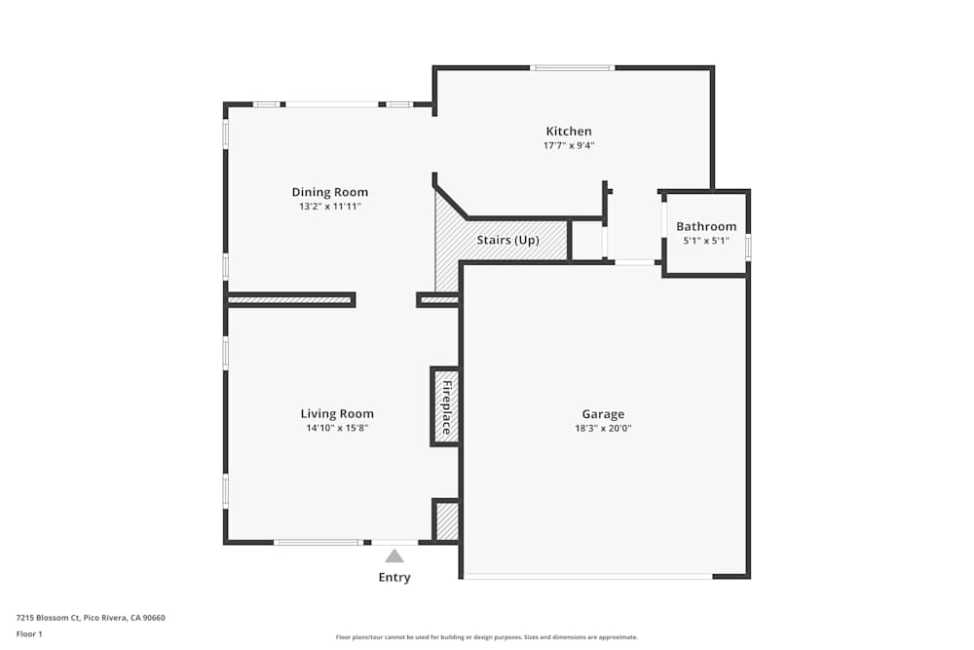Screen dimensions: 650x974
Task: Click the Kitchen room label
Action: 568,132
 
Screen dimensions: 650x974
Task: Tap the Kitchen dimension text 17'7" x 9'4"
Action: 568,146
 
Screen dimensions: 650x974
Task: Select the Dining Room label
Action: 330,192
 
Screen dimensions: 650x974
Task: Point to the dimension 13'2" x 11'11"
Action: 330,207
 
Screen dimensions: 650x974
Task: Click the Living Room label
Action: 337,413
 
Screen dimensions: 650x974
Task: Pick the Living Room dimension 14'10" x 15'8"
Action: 337,428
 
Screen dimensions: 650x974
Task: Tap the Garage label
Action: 603,413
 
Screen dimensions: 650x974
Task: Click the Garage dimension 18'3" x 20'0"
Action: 603,428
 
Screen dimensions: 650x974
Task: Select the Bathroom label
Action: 706,226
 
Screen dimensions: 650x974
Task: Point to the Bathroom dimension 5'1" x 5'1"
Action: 706,241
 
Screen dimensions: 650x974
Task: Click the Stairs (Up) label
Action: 507,240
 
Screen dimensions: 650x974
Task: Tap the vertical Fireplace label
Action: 446,406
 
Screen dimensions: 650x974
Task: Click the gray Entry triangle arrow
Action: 394,555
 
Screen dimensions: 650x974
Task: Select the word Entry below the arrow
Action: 394,577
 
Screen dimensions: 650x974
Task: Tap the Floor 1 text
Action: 29,633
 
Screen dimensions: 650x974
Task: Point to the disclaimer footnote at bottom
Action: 487,637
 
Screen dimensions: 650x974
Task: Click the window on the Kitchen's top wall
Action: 572,68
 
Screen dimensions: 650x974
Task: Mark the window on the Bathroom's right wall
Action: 748,248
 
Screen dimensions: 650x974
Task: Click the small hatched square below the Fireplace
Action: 447,521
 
